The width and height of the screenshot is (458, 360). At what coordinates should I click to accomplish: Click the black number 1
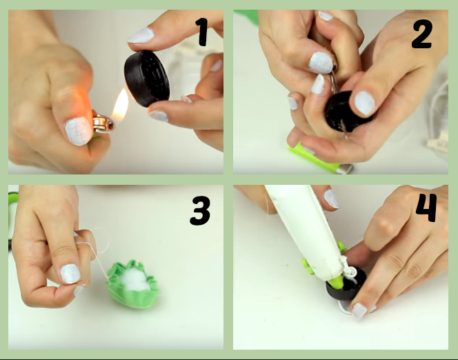click(x=202, y=32)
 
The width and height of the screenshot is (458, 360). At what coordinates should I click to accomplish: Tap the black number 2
click(x=422, y=35)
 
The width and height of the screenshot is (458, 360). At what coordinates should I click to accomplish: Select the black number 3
click(x=200, y=210)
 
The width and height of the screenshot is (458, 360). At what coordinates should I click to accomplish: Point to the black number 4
click(x=426, y=208)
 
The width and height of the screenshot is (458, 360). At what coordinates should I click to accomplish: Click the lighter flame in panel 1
click(x=121, y=105)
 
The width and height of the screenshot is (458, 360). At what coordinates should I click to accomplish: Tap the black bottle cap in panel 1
click(x=147, y=79)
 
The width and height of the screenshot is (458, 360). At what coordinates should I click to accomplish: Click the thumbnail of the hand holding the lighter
click(x=78, y=131)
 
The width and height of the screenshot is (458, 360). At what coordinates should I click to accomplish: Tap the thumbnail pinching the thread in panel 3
click(x=70, y=274)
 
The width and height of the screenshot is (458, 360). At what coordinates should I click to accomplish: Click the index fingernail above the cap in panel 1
click(x=141, y=36)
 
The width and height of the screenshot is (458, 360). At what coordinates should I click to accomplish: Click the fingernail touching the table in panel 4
click(x=359, y=310)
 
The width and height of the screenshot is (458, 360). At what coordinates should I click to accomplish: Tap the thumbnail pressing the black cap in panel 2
click(x=364, y=103)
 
